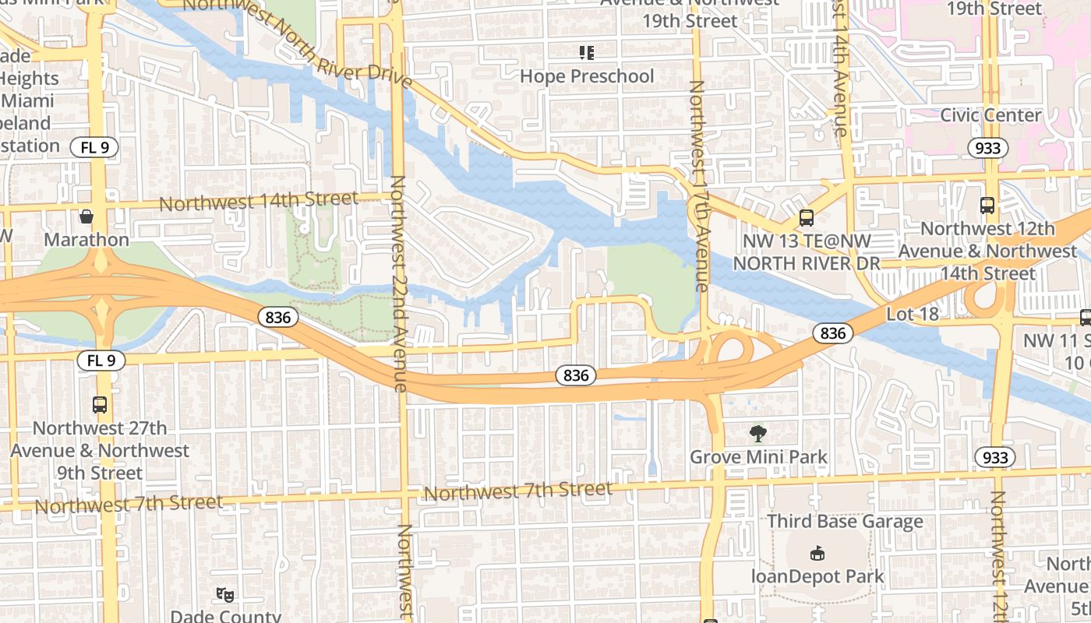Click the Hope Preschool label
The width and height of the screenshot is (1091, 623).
point(586,76)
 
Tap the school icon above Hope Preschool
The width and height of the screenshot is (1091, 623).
point(586,53)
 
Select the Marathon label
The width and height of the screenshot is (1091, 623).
point(87,239)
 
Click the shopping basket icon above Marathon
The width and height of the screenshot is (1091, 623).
point(87,216)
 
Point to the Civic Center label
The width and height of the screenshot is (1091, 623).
point(990,115)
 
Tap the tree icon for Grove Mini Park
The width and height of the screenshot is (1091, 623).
point(757,433)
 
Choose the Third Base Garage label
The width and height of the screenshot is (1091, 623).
point(845,521)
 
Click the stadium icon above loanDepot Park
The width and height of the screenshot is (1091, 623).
point(817,553)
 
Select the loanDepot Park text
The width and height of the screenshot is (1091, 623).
point(817,576)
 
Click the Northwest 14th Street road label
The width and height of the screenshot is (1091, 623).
point(259,202)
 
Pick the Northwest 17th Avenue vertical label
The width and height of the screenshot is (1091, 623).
point(698,187)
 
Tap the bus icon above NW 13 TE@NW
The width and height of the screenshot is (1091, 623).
point(806,218)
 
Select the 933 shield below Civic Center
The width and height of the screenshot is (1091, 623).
point(988,147)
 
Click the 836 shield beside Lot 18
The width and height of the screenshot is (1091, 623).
point(832,333)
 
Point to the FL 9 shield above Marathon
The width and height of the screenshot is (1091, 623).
point(94,146)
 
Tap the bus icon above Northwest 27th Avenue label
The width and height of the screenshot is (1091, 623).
point(100,405)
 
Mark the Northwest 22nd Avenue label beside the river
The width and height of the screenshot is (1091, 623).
point(400,284)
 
